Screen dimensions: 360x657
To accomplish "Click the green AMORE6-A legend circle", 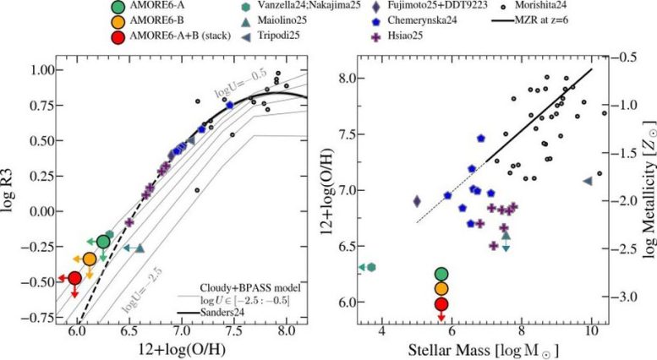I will tap(119, 7).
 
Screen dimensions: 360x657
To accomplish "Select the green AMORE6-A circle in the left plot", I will tap(103, 242).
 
